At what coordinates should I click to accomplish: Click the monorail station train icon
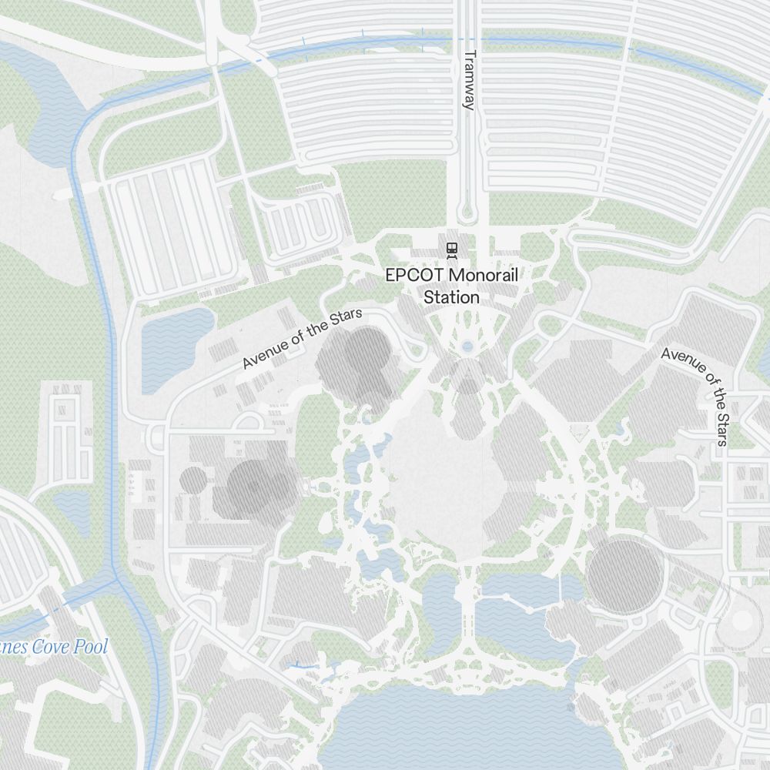[450, 249]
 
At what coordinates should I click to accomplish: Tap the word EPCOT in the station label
[414, 275]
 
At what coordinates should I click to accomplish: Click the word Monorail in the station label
[482, 275]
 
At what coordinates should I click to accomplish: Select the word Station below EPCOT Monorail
[452, 297]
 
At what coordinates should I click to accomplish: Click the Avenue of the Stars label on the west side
[302, 339]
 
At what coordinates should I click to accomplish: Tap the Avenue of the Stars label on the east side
[696, 395]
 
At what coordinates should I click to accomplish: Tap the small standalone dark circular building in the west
[193, 481]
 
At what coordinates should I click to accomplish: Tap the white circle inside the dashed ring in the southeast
[742, 621]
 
